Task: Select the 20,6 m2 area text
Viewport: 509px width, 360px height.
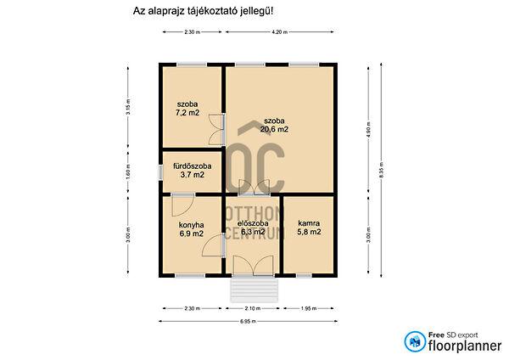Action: coord(275,130)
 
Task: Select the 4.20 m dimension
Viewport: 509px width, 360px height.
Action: coord(280,31)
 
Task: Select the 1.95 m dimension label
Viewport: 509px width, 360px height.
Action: coord(310,308)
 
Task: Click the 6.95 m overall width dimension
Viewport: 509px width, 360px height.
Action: coord(248,322)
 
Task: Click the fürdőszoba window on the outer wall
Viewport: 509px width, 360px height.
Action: coord(159,171)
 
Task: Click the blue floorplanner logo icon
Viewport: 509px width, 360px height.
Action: coord(415,342)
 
